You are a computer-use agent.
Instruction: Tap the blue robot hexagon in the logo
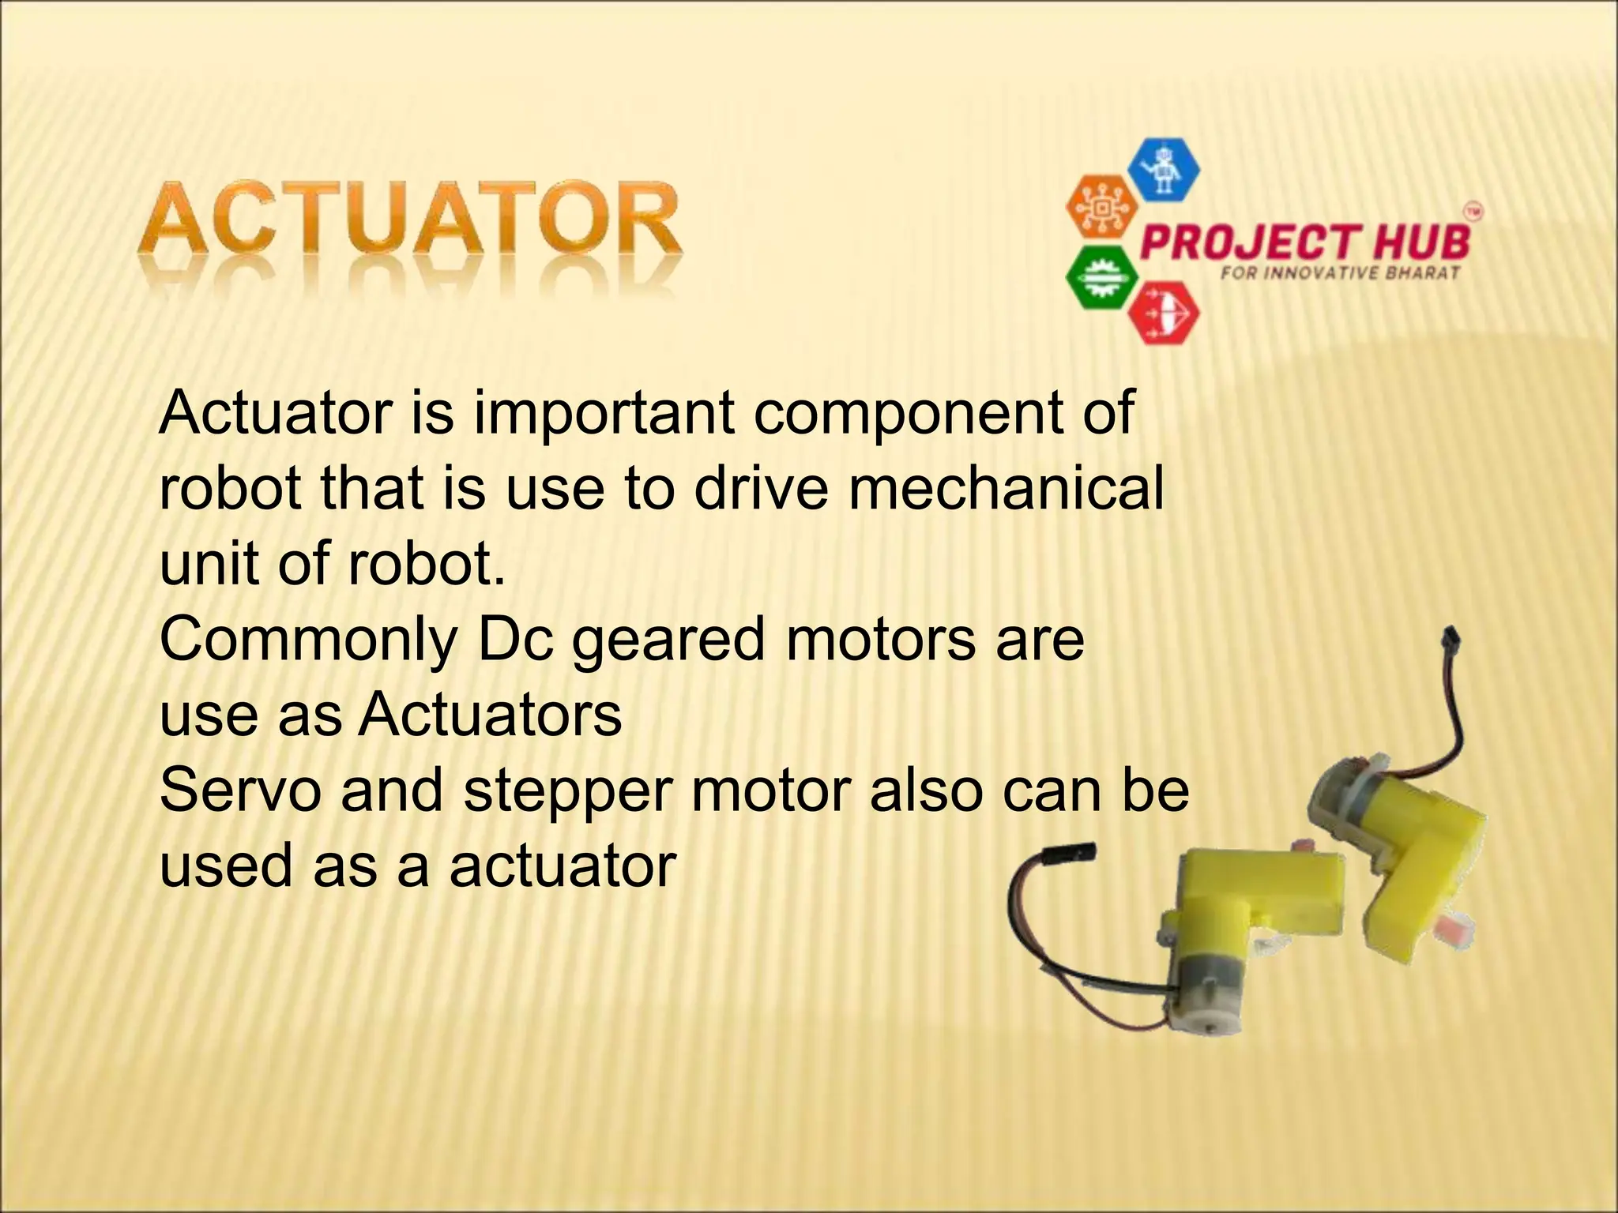pos(1162,168)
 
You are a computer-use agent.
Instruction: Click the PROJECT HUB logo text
pos(1305,241)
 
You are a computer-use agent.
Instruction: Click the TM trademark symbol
pos(1473,212)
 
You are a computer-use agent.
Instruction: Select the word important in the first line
pos(604,413)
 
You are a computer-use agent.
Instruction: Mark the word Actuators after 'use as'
pos(490,715)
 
